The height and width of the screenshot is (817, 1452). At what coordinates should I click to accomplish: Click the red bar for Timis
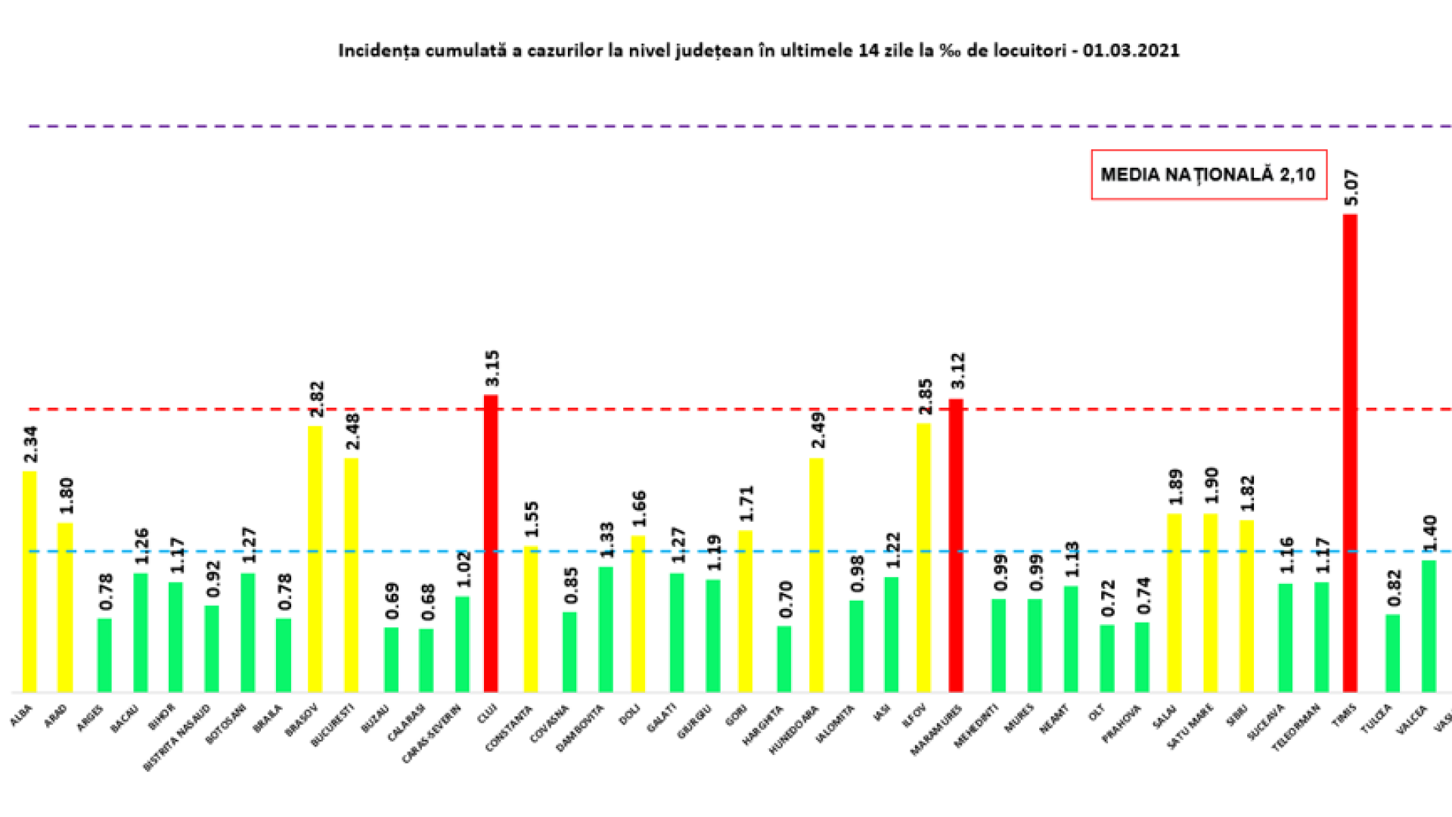tap(1350, 454)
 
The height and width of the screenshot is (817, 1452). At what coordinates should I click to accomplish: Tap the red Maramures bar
tap(956, 545)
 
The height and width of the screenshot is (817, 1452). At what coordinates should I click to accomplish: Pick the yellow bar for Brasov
tap(315, 559)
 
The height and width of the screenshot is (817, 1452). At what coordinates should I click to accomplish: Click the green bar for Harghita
tap(784, 659)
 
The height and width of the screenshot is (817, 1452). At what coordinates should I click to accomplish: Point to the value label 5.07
tap(1351, 188)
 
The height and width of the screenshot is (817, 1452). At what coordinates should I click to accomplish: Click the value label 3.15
tap(492, 368)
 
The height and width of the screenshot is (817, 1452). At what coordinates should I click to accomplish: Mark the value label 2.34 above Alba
tap(30, 445)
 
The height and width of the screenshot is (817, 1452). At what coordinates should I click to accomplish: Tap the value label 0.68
tap(427, 602)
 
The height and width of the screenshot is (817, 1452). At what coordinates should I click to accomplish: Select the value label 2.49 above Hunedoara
tap(818, 430)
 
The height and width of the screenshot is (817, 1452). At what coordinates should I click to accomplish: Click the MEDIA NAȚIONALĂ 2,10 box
tap(1208, 175)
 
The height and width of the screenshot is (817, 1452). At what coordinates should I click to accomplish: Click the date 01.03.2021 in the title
tap(1131, 51)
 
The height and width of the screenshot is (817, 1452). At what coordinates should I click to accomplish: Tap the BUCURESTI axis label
tap(333, 725)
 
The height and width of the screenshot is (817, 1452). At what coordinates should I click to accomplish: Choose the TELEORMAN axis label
tap(1295, 727)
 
